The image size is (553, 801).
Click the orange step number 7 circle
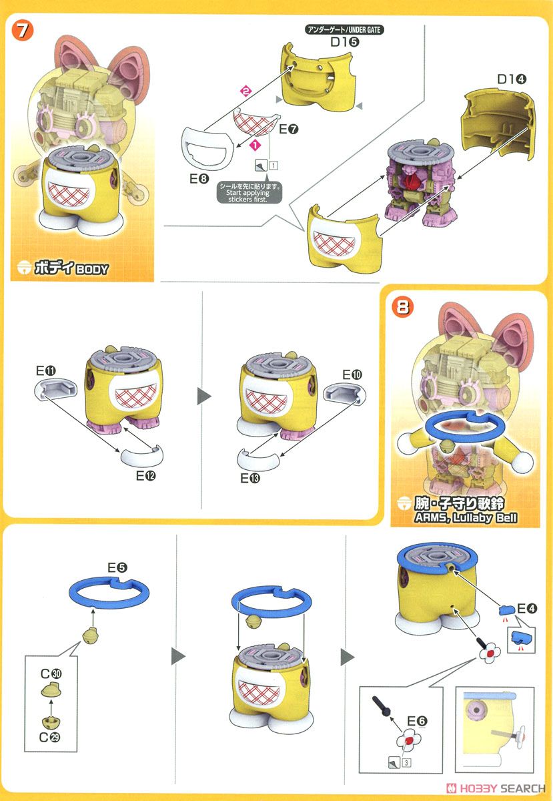[22, 31]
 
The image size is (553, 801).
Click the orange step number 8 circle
[402, 307]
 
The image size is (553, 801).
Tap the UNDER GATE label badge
[344, 29]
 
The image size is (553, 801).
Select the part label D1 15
[345, 42]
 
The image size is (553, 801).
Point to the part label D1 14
[512, 79]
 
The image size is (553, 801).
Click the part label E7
[288, 129]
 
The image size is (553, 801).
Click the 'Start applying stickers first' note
[249, 193]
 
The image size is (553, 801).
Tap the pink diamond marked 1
[255, 146]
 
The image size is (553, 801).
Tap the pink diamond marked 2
[245, 91]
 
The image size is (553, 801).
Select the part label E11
[46, 371]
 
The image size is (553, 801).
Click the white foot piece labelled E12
[142, 455]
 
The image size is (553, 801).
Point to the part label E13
[250, 478]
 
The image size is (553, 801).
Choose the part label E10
[352, 374]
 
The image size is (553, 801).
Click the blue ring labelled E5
[109, 592]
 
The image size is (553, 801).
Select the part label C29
[49, 738]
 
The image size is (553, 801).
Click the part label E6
[417, 721]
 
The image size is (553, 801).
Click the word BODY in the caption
[92, 269]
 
